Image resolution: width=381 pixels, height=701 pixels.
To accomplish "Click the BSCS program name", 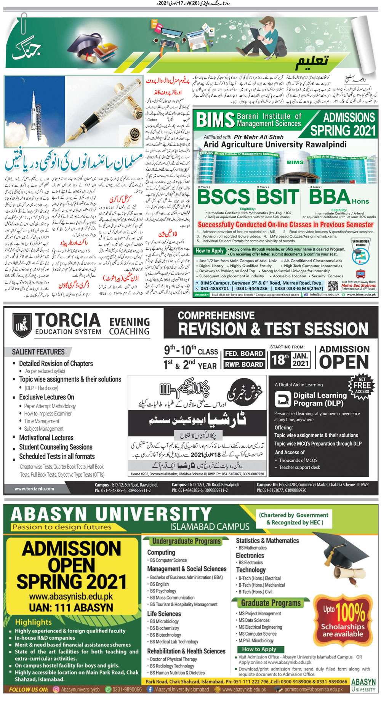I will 224,197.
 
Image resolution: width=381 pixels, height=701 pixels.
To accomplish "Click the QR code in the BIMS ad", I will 333,286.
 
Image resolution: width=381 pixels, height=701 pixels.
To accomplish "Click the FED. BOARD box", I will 244,353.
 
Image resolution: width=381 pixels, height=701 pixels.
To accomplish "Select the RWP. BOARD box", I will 244,364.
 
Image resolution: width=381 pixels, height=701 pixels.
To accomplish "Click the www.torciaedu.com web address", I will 34,489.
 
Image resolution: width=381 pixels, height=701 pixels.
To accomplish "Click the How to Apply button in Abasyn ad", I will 259,649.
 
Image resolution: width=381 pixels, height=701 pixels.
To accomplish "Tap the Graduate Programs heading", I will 271,603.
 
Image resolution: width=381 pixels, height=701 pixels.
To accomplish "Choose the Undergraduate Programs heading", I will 186,541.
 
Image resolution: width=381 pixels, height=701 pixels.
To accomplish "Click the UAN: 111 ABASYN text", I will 71,607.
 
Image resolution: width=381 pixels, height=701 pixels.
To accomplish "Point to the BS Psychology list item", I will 163,591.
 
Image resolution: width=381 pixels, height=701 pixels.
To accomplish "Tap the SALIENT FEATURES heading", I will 38,352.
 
